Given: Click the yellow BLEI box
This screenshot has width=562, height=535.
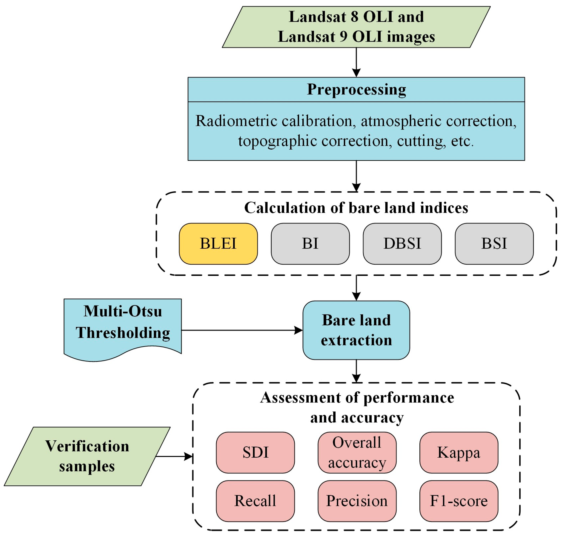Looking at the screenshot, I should (218, 243).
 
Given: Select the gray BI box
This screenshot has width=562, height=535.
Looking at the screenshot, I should (310, 243).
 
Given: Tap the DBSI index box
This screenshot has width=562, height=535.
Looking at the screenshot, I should (402, 243).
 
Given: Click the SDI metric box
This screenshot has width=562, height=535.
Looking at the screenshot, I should (255, 452).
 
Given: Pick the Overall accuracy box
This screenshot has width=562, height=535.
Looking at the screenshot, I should (357, 452).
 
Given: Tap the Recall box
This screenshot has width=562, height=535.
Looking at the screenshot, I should (255, 501).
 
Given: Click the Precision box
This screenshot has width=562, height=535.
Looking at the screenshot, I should (357, 501).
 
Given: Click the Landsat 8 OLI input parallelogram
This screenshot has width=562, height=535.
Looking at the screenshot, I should (356, 27).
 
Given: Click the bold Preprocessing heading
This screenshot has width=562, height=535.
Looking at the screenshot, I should (356, 90).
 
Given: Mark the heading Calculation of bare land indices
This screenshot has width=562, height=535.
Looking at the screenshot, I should (356, 208).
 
